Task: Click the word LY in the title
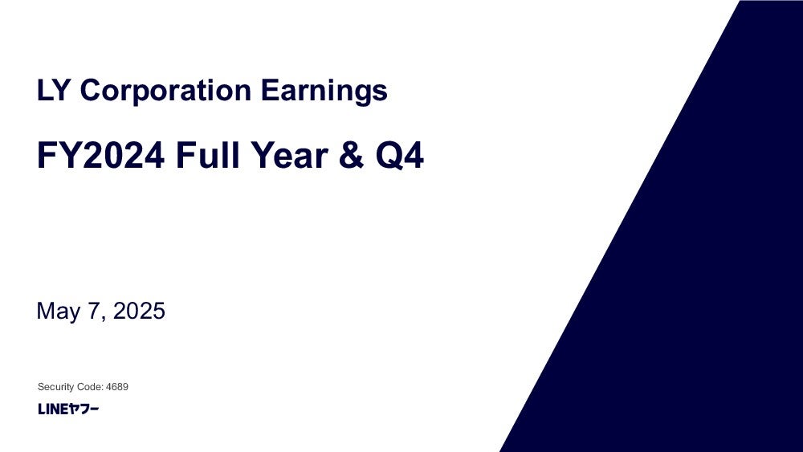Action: pos(52,90)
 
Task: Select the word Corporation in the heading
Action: pos(165,90)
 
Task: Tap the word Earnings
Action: pos(324,92)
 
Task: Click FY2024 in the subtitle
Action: pos(101,155)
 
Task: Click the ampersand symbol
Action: pos(352,155)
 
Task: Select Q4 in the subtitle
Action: pos(399,155)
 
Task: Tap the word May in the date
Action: pos(59,312)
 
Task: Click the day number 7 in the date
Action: pos(94,311)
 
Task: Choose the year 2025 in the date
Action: pos(139,311)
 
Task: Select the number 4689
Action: pos(117,386)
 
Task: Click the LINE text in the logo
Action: pos(53,409)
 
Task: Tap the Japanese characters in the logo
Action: pos(84,409)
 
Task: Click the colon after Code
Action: pos(103,388)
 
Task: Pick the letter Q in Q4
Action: pos(388,156)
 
